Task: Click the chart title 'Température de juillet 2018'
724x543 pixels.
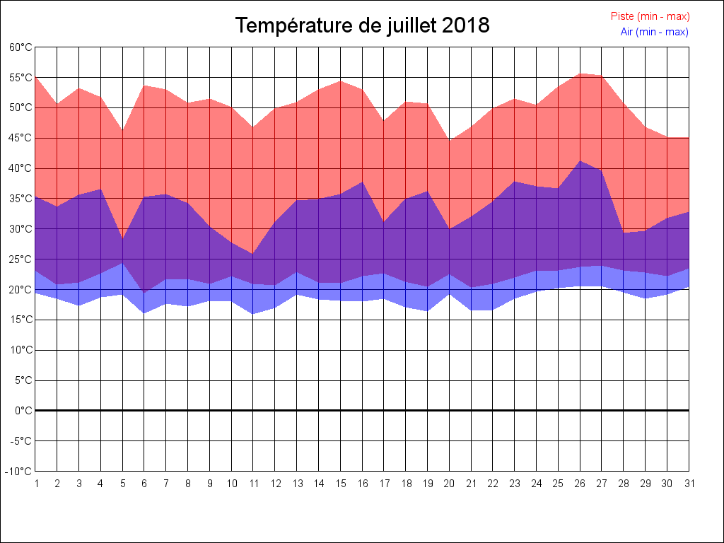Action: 362,25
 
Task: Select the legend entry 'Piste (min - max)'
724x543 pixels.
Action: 650,16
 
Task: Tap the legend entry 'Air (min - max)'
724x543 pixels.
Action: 654,32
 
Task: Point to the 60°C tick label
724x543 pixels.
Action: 21,47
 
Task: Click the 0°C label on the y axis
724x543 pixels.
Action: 23,410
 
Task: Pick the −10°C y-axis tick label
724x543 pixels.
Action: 19,471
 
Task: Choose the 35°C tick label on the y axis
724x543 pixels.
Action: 21,199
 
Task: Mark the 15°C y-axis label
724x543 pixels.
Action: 21,320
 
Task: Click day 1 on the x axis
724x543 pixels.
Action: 35,484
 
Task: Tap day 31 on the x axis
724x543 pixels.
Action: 689,484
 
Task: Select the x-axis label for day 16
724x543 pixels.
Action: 362,484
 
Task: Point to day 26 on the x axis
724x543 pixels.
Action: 580,484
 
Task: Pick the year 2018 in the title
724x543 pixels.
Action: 465,25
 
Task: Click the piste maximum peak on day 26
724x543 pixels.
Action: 580,74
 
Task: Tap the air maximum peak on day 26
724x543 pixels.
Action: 580,160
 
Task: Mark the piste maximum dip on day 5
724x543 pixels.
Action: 122,130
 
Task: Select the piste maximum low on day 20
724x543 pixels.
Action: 449,140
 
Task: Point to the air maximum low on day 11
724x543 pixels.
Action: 253,254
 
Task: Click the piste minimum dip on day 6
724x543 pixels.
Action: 144,292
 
